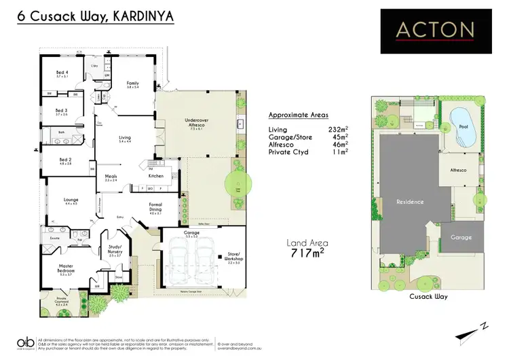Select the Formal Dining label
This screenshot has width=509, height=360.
[156, 206]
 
